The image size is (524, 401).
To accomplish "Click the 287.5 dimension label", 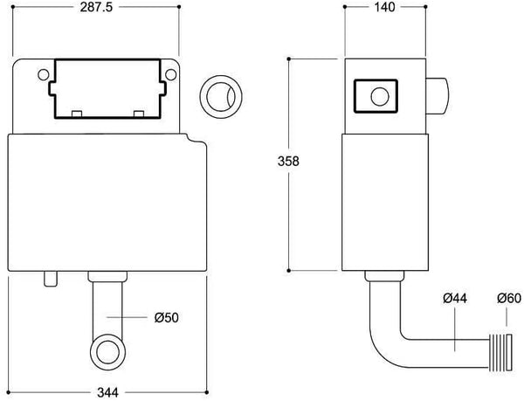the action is point(97,7).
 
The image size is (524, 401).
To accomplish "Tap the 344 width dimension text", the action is point(107,392).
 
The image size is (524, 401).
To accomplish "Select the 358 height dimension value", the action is point(288,162).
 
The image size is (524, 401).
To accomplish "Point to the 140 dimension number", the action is point(384,7).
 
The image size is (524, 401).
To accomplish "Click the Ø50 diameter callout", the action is point(167,317).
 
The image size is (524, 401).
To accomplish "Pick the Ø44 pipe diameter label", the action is point(455,298).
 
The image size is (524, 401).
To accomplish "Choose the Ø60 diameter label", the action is point(509,298).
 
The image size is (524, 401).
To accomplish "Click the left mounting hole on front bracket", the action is point(44,75).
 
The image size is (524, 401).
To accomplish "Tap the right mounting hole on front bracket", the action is point(171,75).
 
